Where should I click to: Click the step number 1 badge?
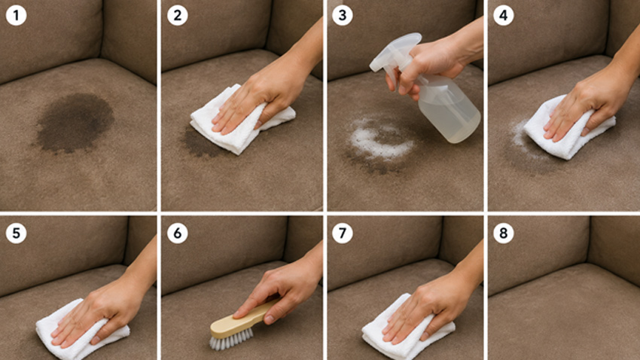click(x=16, y=16)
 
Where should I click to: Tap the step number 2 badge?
click(x=178, y=16)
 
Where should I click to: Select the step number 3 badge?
click(x=343, y=16)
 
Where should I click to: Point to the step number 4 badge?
click(x=503, y=16)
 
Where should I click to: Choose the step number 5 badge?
click(x=16, y=233)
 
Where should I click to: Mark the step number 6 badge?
click(x=178, y=233)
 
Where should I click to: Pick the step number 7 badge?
click(x=343, y=233)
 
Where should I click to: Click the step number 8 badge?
click(x=503, y=233)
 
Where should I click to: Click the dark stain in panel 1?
click(x=75, y=123)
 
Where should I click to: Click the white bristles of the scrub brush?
click(x=231, y=339)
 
